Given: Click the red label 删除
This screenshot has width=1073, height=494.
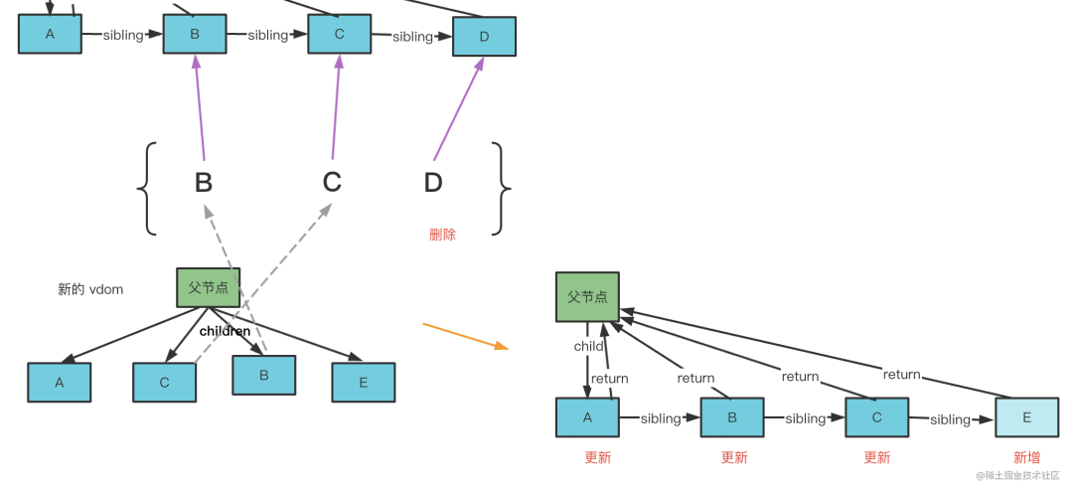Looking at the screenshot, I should pyautogui.click(x=442, y=235).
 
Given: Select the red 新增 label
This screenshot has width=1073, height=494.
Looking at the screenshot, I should pyautogui.click(x=1026, y=457).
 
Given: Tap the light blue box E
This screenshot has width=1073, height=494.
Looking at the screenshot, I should pyautogui.click(x=1026, y=417).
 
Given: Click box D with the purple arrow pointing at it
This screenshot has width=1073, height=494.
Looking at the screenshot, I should pyautogui.click(x=484, y=37).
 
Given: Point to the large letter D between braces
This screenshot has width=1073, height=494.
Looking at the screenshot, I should pyautogui.click(x=433, y=183).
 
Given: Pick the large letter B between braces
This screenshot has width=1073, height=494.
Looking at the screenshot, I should pyautogui.click(x=204, y=183).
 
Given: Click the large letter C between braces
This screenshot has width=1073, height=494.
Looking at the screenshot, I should pyautogui.click(x=332, y=183).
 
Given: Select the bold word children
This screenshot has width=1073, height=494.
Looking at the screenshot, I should pyautogui.click(x=225, y=331).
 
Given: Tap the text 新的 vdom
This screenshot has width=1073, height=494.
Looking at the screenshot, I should pyautogui.click(x=90, y=289).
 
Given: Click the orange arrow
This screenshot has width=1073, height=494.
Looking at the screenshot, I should pyautogui.click(x=465, y=336).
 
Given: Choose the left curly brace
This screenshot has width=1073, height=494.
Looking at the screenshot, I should pyautogui.click(x=150, y=189).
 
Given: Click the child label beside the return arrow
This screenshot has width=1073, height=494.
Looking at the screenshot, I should pyautogui.click(x=588, y=346).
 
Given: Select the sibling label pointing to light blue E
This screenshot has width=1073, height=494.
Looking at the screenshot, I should pyautogui.click(x=950, y=419).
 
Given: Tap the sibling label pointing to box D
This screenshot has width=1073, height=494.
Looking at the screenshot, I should pyautogui.click(x=412, y=37).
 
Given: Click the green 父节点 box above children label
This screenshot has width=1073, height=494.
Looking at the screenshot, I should pyautogui.click(x=208, y=287).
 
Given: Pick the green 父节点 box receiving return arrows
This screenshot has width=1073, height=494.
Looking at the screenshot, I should pyautogui.click(x=587, y=296).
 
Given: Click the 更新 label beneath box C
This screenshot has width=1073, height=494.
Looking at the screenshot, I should pyautogui.click(x=876, y=457).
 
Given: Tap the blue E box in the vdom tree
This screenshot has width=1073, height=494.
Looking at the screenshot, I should pyautogui.click(x=363, y=382).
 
